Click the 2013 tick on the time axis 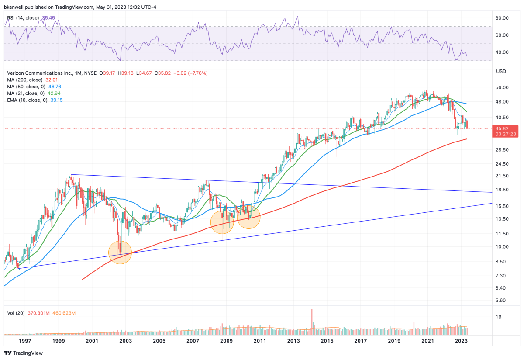(x=293, y=340)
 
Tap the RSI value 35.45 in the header (x=48, y=18)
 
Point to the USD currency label (x=502, y=71)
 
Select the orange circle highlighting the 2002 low (x=120, y=253)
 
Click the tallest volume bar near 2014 (x=312, y=318)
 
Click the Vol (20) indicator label (x=16, y=313)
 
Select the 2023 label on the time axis (x=462, y=340)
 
